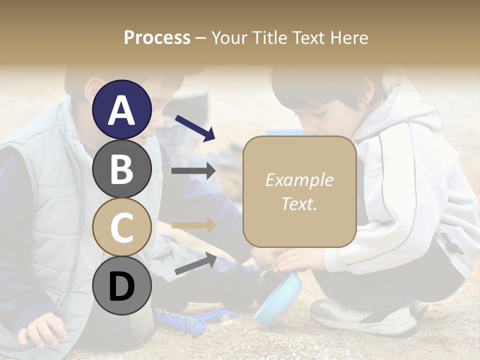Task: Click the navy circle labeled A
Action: [121, 109]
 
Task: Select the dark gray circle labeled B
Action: [121, 168]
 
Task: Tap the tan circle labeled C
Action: [121, 226]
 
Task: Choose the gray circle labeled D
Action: [121, 285]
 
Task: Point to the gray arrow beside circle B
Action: [193, 170]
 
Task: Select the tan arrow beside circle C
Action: [193, 225]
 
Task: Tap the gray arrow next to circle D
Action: [195, 263]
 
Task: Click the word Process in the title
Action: [157, 37]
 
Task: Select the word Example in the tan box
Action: [299, 180]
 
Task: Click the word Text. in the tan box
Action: [299, 203]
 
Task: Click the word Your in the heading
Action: [231, 37]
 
